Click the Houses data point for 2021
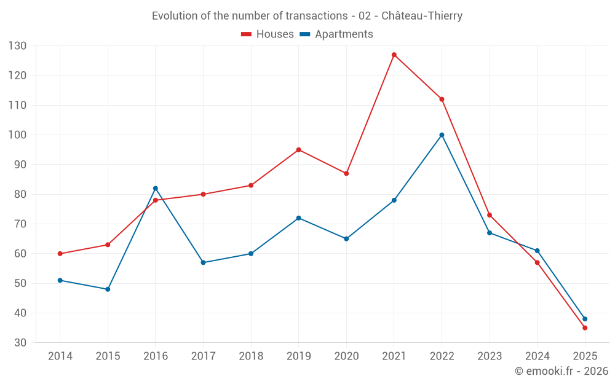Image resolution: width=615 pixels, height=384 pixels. pyautogui.click(x=394, y=55)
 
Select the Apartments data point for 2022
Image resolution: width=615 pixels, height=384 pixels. pyautogui.click(x=442, y=135)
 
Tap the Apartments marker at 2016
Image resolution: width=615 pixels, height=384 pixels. pyautogui.click(x=156, y=188)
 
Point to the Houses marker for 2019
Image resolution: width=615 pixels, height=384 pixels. pyautogui.click(x=298, y=150)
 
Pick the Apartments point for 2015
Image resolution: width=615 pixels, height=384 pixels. pyautogui.click(x=108, y=289)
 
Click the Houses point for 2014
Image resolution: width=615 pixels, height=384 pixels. pyautogui.click(x=60, y=254)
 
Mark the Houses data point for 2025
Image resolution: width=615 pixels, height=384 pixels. pyautogui.click(x=585, y=328)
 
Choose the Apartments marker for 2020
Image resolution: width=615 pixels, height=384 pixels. pyautogui.click(x=346, y=239)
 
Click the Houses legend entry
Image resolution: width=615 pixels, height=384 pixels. pyautogui.click(x=268, y=34)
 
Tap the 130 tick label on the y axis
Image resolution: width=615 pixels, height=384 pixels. pyautogui.click(x=17, y=46)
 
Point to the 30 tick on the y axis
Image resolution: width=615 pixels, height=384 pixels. pyautogui.click(x=20, y=343)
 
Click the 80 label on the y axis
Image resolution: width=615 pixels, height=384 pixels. pyautogui.click(x=20, y=194)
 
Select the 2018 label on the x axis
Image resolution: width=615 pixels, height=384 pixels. pyautogui.click(x=251, y=356)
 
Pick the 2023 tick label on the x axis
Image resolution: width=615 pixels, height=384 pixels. pyautogui.click(x=490, y=356)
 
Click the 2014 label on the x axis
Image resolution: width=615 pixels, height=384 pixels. pyautogui.click(x=60, y=356)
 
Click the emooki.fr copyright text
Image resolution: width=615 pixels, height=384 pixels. pyautogui.click(x=561, y=371)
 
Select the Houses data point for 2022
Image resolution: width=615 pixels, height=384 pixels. pyautogui.click(x=442, y=100)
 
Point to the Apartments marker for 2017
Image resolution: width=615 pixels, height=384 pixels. pyautogui.click(x=203, y=262)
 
